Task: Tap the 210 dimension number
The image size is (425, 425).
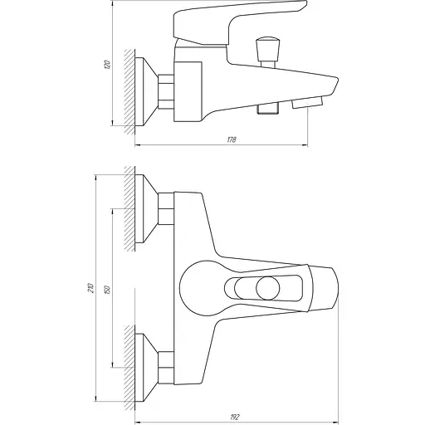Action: tap(90, 290)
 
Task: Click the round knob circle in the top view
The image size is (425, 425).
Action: tap(267, 290)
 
